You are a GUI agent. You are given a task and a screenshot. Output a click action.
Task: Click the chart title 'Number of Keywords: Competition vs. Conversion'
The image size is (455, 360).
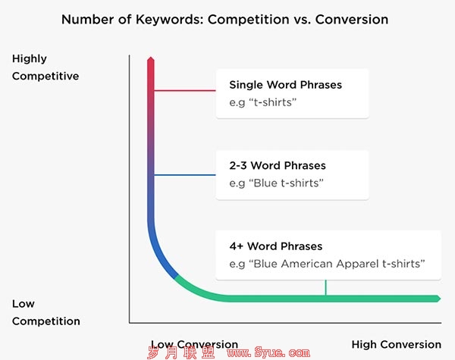pos(225,20)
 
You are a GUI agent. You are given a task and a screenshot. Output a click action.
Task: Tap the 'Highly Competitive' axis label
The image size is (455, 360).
pos(45,67)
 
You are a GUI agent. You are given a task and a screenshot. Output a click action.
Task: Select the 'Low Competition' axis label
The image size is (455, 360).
pos(45,312)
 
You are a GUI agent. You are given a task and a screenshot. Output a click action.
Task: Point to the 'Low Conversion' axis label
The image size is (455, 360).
pos(194,344)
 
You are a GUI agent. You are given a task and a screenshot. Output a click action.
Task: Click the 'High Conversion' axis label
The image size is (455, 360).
pos(397,344)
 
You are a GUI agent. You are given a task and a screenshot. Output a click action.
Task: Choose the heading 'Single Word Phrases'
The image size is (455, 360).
pos(286,85)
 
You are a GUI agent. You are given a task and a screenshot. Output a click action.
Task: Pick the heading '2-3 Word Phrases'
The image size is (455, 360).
pos(278,166)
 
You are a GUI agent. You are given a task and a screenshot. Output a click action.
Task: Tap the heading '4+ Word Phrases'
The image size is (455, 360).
pos(276,246)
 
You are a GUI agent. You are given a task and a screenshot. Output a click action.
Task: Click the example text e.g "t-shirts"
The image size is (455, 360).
pos(263,102)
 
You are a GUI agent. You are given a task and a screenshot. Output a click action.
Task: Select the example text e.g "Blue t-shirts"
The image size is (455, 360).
pos(276,183)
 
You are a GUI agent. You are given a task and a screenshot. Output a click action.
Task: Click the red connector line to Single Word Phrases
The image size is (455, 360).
pos(185,90)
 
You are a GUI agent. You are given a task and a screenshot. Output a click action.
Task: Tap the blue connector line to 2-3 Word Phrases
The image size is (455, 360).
pos(185,175)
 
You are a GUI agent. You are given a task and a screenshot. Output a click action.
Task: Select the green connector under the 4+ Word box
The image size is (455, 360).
pos(325,287)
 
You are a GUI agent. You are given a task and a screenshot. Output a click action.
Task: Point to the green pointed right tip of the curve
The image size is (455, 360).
pos(441,299)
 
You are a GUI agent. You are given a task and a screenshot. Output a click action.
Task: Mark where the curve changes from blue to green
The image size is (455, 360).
pos(176,276)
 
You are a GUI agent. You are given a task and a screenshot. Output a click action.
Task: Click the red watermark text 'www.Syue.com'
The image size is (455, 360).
pos(268,352)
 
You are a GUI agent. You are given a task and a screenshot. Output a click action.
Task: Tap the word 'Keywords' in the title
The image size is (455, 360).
pos(169,20)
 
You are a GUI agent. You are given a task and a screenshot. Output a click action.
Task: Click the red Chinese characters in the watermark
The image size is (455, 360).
pos(181,352)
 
